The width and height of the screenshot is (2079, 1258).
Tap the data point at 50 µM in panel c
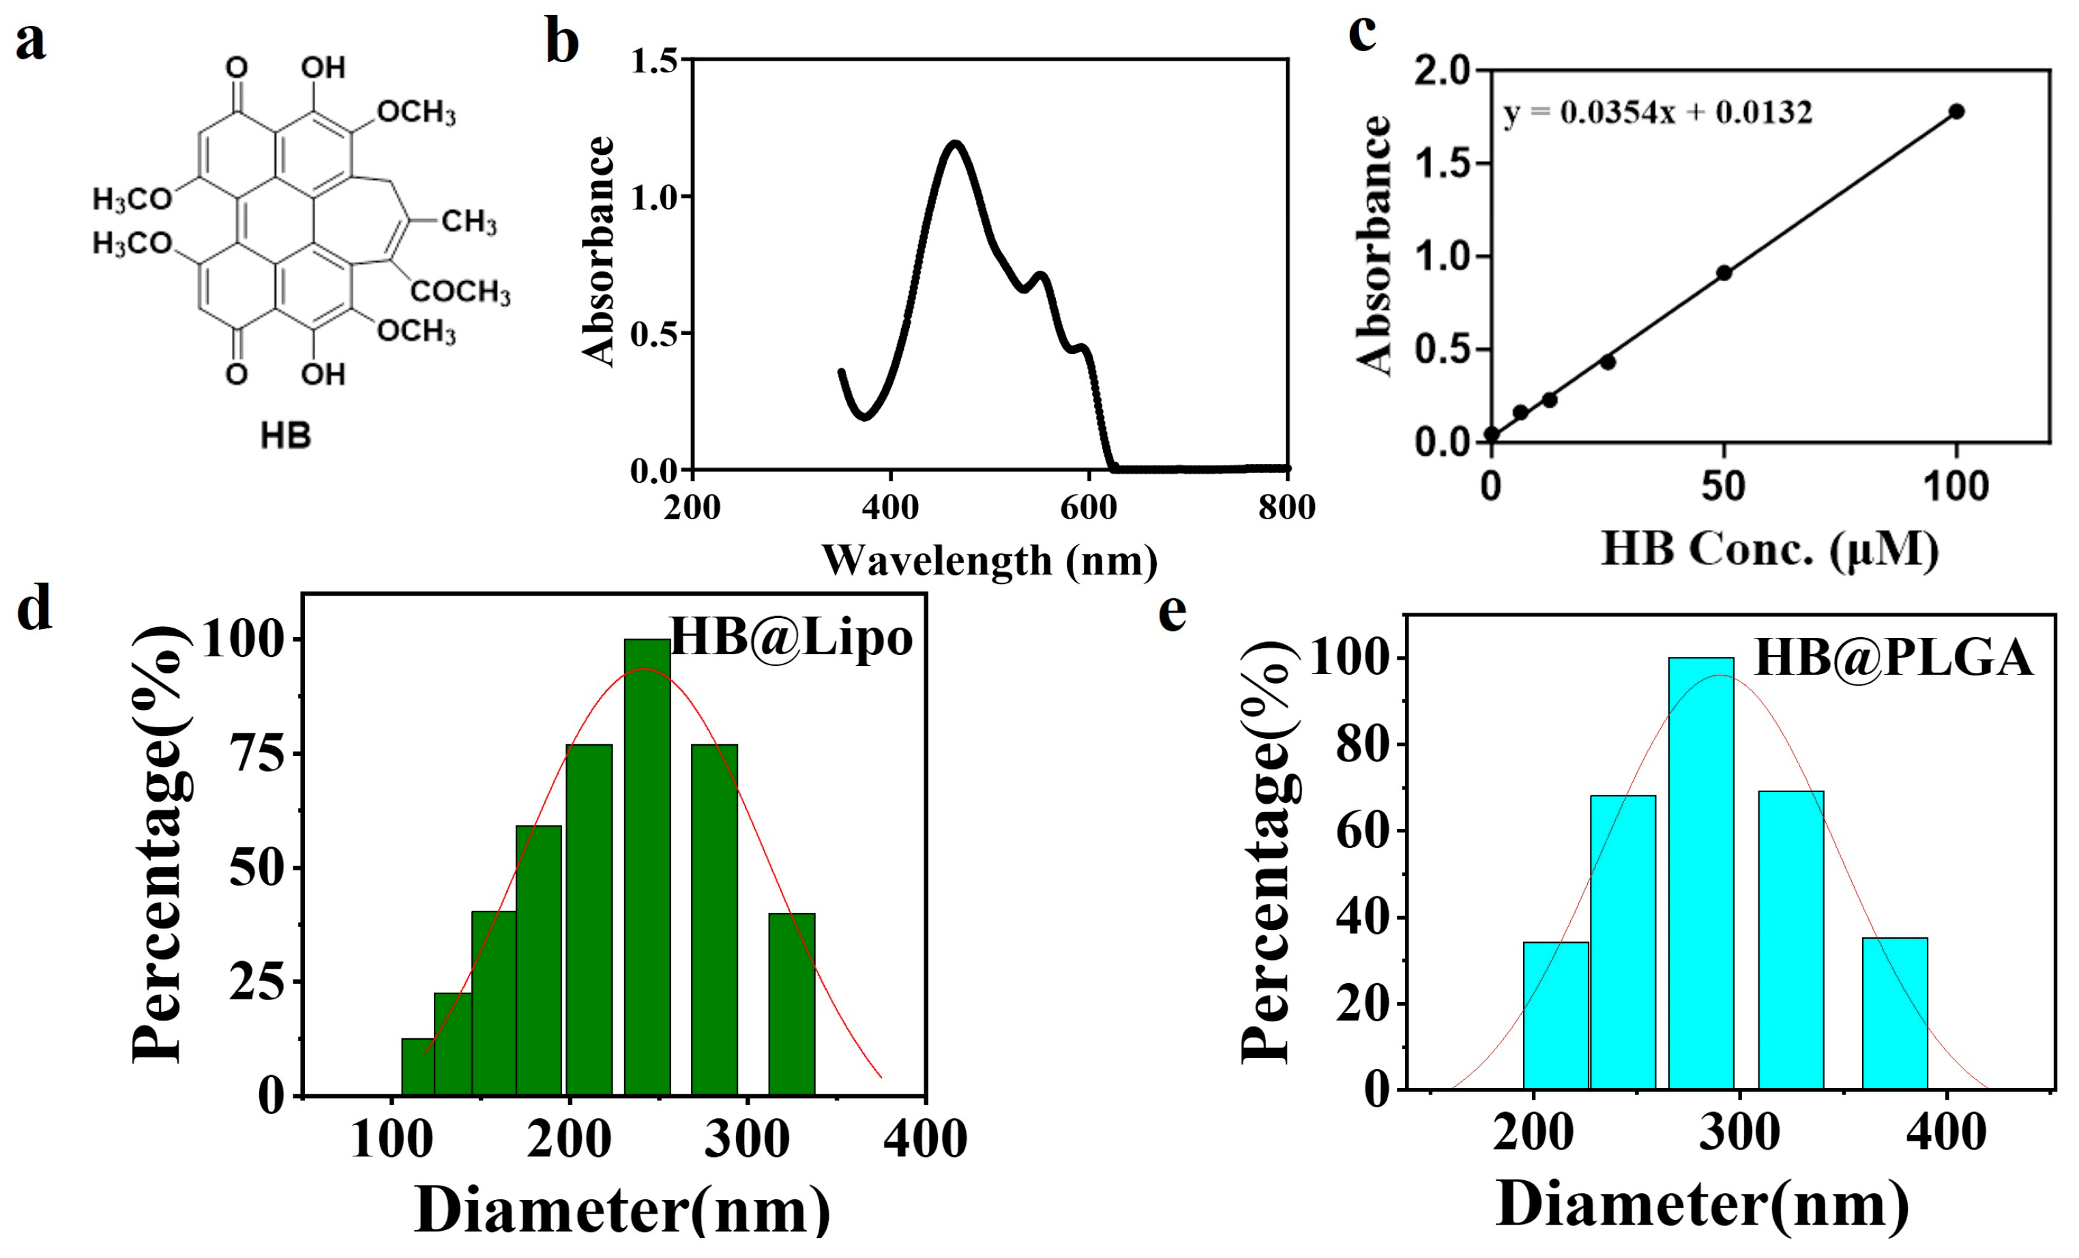coord(1724,272)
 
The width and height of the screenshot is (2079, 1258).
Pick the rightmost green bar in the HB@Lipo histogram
coord(791,1004)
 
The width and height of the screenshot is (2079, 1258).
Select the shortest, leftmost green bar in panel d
coord(417,1067)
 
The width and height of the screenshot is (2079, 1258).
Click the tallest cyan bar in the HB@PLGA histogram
coord(1701,873)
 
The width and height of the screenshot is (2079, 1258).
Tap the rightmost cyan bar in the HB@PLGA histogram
coord(1895,1013)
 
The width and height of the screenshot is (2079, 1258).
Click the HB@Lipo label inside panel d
coord(791,638)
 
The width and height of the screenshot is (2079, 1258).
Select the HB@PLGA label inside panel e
coord(1893,658)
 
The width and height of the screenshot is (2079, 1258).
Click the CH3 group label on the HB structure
coord(469,222)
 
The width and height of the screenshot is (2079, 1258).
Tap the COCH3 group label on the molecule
coord(460,291)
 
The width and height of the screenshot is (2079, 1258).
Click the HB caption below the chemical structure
coord(285,436)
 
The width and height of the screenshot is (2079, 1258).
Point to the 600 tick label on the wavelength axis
coord(1089,508)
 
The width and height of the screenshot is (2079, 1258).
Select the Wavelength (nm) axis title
coord(989,560)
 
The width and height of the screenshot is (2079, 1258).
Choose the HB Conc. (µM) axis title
coord(1769,549)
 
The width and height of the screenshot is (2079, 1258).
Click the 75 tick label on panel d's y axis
coord(259,753)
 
